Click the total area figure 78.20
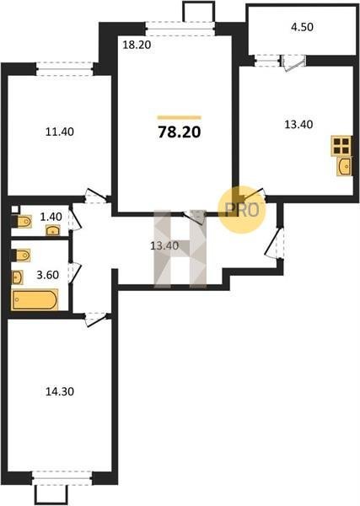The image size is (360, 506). (x=180, y=132)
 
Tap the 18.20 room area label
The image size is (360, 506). (x=137, y=45)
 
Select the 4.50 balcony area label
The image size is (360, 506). (x=303, y=27)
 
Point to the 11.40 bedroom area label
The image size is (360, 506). (x=60, y=132)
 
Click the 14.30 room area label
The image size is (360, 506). (x=60, y=391)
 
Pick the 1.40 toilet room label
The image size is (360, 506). (x=51, y=217)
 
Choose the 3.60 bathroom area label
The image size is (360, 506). (x=48, y=275)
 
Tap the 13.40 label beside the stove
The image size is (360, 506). (x=298, y=124)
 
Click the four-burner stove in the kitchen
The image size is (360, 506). (x=341, y=145)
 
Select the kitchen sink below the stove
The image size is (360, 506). (x=344, y=166)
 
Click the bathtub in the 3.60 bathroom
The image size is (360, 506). (x=35, y=299)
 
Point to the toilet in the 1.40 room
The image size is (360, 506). (x=22, y=222)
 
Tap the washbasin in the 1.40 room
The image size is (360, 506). (x=52, y=231)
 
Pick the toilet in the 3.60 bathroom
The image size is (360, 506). (x=21, y=256)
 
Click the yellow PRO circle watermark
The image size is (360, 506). (x=242, y=210)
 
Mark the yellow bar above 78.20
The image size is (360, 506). (x=180, y=117)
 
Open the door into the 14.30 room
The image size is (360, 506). (x=96, y=319)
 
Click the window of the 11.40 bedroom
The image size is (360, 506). (x=65, y=69)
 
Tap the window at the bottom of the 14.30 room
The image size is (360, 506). (x=62, y=478)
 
